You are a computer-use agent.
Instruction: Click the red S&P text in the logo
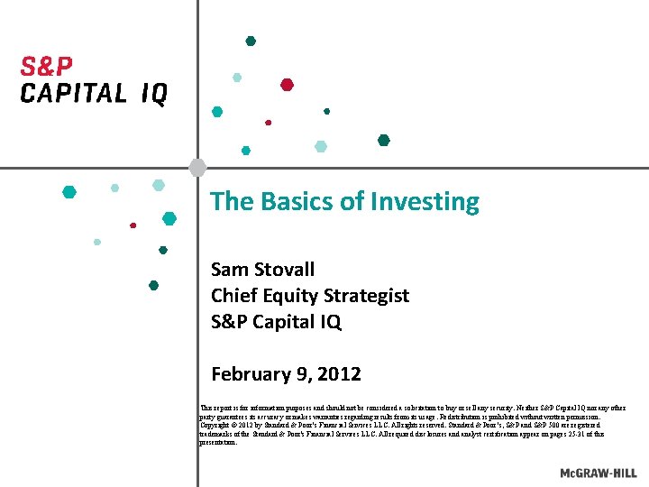coord(47,68)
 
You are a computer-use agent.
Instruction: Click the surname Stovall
coord(285,269)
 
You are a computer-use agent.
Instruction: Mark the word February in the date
coord(249,373)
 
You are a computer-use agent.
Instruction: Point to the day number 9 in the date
coord(301,373)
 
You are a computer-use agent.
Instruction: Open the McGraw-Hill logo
coord(597,473)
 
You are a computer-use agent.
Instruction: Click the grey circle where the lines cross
coord(197,167)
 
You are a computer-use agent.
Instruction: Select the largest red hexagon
coord(287,85)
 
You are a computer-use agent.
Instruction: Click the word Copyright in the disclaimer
coord(217,426)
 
